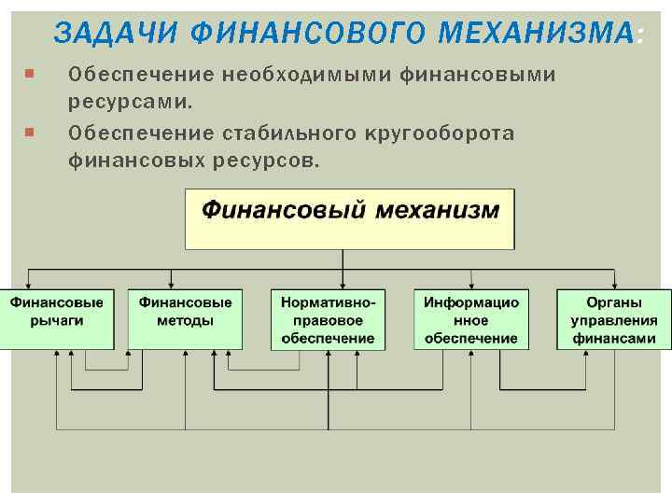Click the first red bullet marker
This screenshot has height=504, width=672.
click(x=31, y=73)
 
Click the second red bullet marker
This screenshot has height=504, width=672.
click(x=31, y=133)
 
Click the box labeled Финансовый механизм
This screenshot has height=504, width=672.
click(x=350, y=218)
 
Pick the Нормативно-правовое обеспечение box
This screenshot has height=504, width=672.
click(x=329, y=319)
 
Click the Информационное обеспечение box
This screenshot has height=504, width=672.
click(x=471, y=319)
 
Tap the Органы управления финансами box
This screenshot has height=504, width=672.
click(x=614, y=319)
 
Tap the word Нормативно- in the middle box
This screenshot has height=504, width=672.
click(x=329, y=302)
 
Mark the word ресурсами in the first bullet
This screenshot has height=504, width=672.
click(x=128, y=96)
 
